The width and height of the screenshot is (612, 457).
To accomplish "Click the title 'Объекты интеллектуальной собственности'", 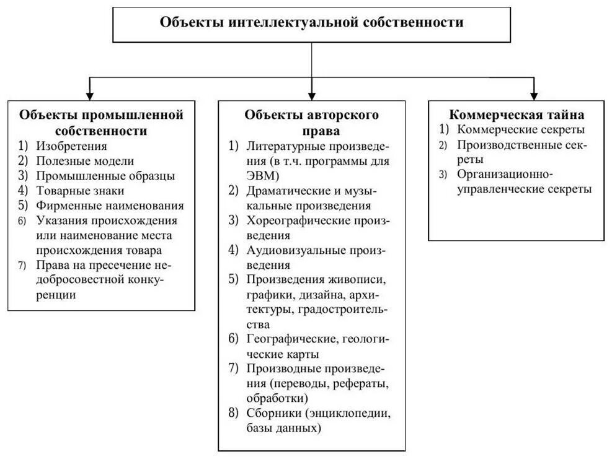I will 312,23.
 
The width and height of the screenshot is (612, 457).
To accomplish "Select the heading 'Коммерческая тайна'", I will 516,115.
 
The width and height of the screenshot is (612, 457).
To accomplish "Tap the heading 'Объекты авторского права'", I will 312,123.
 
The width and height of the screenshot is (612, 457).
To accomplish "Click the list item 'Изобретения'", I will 71,147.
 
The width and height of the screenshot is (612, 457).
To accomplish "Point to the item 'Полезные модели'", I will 76,161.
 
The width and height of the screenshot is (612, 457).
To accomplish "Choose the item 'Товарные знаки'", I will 80,191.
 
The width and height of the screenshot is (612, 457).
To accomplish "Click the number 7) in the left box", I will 23,266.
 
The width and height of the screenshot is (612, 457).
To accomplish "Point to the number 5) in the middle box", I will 233,279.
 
